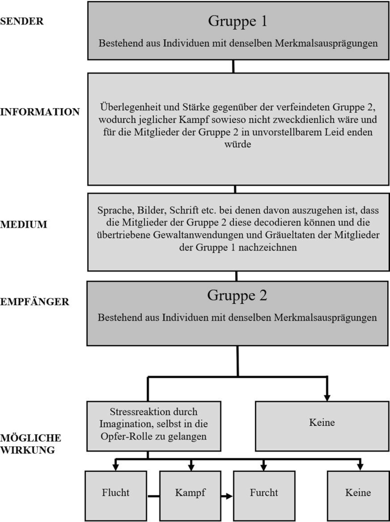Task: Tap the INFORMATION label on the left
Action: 40,112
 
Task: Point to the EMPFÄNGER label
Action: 35,302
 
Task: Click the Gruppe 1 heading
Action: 237,22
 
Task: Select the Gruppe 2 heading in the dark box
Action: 237,295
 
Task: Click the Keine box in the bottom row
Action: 357,492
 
